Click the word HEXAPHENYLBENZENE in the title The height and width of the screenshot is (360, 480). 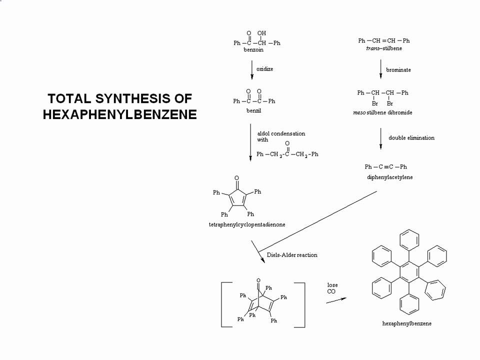tap(119, 114)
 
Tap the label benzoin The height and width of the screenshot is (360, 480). tap(253, 50)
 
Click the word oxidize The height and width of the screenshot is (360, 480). tap(264, 68)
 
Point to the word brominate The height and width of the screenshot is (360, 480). tap(398, 70)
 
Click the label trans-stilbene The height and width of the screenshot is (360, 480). tap(384, 48)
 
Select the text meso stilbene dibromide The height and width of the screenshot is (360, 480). tap(382, 113)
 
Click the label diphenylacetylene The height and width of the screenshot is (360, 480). tap(389, 177)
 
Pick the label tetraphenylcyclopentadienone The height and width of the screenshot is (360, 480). tap(247, 224)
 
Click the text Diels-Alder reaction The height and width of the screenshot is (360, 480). tap(295, 255)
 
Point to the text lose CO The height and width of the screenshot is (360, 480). tap(332, 288)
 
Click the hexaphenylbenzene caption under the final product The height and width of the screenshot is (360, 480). tap(406, 323)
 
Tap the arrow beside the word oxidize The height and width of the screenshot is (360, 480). tap(251, 69)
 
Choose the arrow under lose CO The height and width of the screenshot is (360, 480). tap(336, 300)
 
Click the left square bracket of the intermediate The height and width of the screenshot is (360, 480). tap(223, 304)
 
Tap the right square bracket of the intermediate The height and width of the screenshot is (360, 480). tap(302, 304)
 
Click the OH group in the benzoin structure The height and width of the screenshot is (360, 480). tap(261, 33)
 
